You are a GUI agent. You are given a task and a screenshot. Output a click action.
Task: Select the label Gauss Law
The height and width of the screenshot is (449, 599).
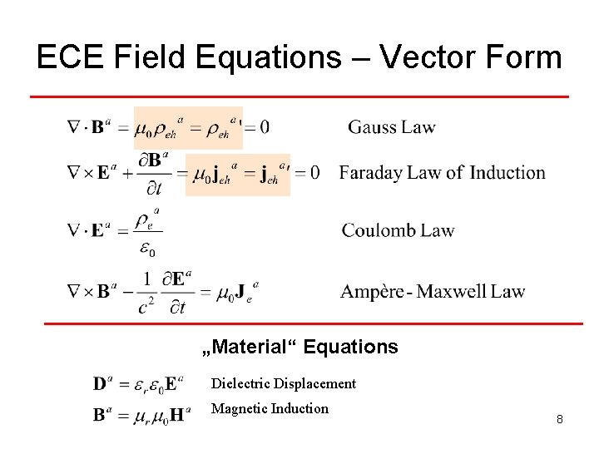tap(391, 127)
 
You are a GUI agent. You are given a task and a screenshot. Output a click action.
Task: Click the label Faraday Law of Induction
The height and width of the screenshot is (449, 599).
tap(442, 173)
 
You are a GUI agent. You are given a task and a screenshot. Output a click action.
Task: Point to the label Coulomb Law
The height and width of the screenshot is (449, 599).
tap(398, 230)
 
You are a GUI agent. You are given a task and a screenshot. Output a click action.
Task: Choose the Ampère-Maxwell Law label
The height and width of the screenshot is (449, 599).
tap(432, 291)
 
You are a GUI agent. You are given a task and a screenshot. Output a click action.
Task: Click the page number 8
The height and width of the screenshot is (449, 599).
tap(560, 420)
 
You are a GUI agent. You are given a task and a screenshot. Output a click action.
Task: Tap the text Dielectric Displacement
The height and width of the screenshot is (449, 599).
tap(283, 383)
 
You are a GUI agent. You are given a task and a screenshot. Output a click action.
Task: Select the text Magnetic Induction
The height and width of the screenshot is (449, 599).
tap(270, 408)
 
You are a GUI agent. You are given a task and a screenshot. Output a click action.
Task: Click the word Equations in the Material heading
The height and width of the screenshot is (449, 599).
tap(351, 347)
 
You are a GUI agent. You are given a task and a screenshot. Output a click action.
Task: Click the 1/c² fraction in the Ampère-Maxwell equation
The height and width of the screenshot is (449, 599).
tap(147, 292)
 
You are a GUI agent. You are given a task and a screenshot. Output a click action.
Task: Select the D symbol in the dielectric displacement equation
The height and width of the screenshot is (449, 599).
tap(100, 384)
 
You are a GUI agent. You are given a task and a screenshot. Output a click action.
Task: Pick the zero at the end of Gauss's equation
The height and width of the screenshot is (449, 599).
tap(264, 127)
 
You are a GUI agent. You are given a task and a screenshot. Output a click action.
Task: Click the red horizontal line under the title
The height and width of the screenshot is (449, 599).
tap(299, 96)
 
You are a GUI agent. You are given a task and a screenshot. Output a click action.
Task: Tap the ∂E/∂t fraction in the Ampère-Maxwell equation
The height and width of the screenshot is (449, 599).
tap(179, 292)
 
